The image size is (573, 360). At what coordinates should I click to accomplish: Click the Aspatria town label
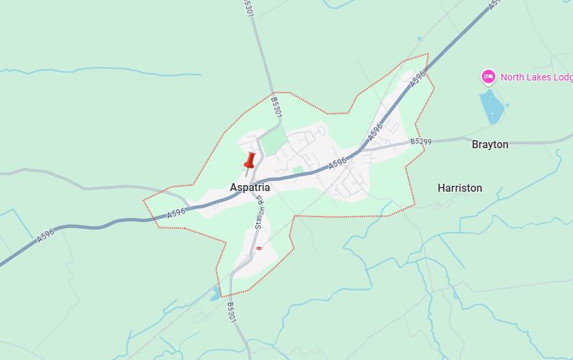pos(249,188)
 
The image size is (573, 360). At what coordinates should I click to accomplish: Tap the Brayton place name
pos(490,145)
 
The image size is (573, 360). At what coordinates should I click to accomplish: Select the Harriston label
pos(460,188)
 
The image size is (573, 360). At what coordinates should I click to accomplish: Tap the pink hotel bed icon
pos(489,77)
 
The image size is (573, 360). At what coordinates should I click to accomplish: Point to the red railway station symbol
pos(259,248)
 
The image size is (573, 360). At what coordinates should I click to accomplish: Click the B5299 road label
pos(421,141)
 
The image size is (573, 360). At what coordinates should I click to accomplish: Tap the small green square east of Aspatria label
pos(298,171)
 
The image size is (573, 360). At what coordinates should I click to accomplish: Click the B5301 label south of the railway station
pos(231,312)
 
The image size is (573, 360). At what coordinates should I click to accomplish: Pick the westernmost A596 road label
pos(46,235)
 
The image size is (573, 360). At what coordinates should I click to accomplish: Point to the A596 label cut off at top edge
pos(495,4)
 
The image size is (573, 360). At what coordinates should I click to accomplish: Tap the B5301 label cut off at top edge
pos(249,7)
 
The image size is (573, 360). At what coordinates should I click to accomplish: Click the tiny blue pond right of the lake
pos(507,105)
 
